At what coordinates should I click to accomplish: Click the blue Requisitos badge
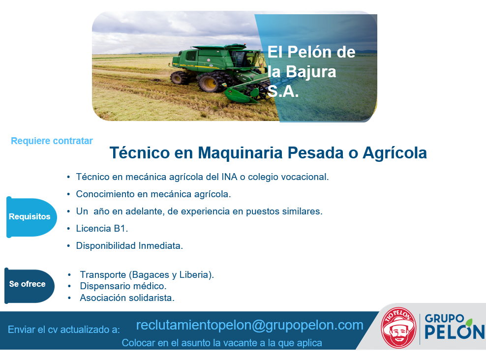(x=31, y=217)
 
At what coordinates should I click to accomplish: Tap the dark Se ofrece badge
(x=29, y=286)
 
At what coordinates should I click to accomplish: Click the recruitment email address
(x=249, y=325)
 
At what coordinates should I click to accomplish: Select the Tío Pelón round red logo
(x=398, y=328)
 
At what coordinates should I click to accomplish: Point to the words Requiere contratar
(x=52, y=141)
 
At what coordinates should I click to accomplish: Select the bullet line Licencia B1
(x=102, y=229)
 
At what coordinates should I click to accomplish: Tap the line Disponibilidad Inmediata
(x=129, y=246)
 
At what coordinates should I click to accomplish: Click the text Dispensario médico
(x=123, y=286)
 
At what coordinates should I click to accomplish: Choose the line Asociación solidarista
(x=127, y=298)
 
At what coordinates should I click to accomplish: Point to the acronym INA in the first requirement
(x=229, y=177)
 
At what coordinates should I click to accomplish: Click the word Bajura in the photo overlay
(x=311, y=72)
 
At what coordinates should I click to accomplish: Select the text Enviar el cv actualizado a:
(x=63, y=330)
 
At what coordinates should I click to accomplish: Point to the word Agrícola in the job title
(x=395, y=153)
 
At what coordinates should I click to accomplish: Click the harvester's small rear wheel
(x=179, y=78)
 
